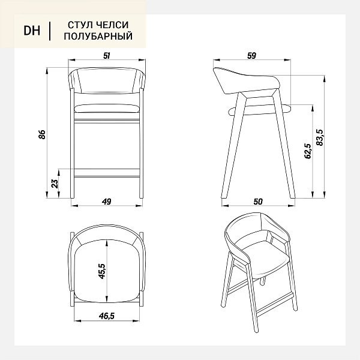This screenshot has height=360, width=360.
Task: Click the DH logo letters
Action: tap(32, 31)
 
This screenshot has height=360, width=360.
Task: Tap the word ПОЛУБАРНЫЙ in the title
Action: tap(98, 36)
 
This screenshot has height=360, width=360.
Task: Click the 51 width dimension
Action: tap(107, 56)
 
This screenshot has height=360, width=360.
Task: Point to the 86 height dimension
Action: tap(42, 134)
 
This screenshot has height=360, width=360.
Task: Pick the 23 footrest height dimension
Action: tap(55, 184)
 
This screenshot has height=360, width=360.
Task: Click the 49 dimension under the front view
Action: tap(107, 202)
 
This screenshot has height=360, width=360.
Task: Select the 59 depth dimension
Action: tap(251, 56)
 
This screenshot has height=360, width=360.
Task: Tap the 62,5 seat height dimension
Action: tap(307, 151)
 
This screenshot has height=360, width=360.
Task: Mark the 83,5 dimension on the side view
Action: tap(320, 137)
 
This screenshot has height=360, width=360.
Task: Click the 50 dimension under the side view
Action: tap(258, 202)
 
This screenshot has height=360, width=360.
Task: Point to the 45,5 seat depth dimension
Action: tap(102, 271)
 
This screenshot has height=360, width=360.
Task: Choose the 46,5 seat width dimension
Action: tap(107, 316)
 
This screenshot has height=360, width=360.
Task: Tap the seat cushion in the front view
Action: tap(107, 109)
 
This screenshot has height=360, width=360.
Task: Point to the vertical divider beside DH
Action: tap(50, 31)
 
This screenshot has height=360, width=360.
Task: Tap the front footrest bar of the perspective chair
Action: tap(275, 303)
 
